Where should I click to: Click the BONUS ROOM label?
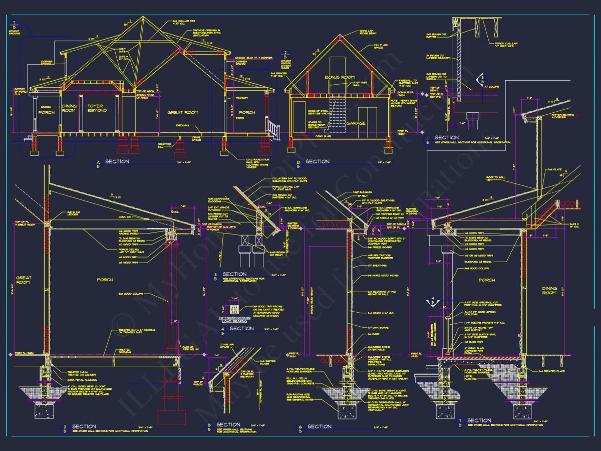(x=340, y=77)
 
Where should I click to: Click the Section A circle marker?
(x=98, y=162)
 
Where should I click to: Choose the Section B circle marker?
(x=298, y=162)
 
